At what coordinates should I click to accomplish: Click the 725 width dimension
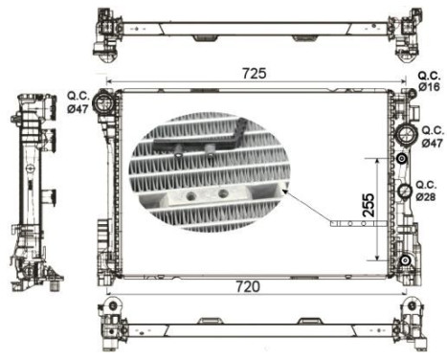tap(254, 74)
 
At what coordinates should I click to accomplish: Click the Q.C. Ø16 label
tap(429, 83)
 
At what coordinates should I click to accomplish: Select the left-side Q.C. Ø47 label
tap(78, 101)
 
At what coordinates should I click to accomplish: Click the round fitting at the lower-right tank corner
tap(405, 260)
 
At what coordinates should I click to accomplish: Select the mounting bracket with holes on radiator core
tap(356, 224)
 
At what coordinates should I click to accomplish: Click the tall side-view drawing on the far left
tap(35, 189)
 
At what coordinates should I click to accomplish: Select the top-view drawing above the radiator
tap(256, 30)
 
